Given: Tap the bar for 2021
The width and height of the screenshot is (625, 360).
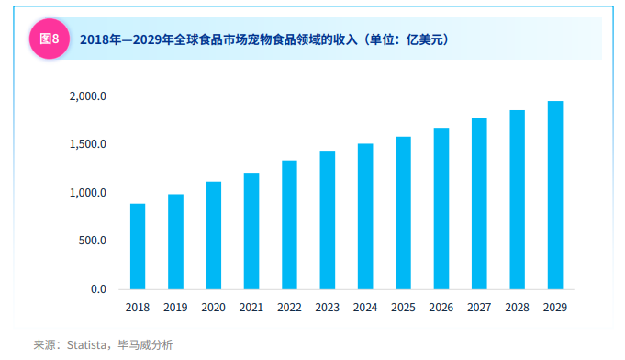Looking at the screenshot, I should coord(251,231).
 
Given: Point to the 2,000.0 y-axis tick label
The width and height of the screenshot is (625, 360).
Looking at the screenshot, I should coord(88,96).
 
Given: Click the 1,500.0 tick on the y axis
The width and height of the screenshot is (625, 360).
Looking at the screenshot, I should coord(88,145).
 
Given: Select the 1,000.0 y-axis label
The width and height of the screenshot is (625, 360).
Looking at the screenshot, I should coord(88,193).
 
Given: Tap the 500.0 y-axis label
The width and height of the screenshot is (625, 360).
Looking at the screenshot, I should coord(93,242).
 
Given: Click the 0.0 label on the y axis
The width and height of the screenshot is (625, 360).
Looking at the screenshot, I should coord(98,289).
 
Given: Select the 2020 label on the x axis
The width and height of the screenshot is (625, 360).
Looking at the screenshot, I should coord(213,308).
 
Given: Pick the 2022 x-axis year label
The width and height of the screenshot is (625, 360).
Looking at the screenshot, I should coord(289,308).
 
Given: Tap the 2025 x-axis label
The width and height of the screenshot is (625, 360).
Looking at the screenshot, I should coord(403,308).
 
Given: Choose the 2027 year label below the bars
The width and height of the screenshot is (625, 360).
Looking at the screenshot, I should coord(479,308).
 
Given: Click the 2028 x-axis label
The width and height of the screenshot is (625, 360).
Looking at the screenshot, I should coord(517,308).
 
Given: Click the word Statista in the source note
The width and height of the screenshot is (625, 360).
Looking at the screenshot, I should coord(84,345).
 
